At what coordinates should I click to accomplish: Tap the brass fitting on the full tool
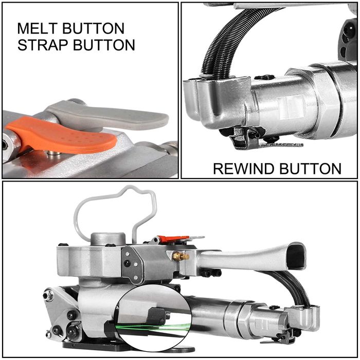(181, 256)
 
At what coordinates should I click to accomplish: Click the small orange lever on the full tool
(172, 239)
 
